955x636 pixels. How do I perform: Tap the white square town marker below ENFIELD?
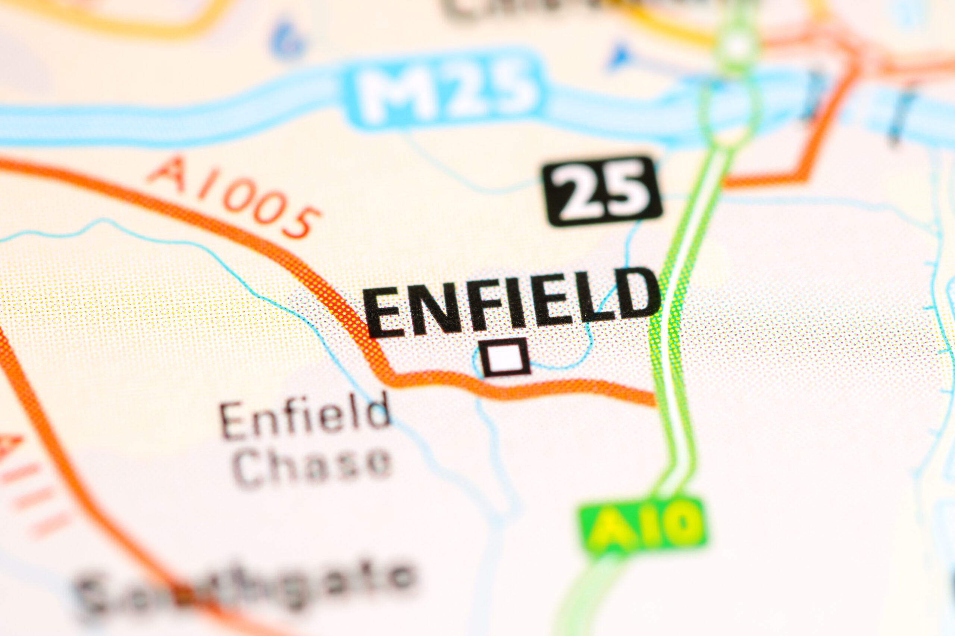pos(506,357)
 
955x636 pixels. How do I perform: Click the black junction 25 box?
pos(602,191)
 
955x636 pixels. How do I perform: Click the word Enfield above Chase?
pos(304,418)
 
